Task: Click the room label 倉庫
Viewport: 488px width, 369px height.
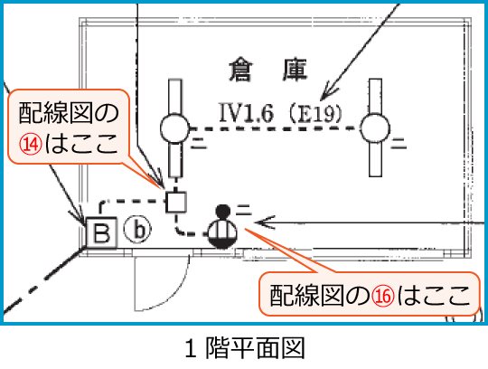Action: click(x=270, y=68)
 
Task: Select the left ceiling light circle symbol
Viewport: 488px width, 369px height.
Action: click(x=174, y=129)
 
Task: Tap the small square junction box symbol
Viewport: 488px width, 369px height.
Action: click(x=175, y=201)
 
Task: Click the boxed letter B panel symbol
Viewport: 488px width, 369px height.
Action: click(x=101, y=234)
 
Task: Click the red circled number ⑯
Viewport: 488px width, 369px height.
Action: click(x=385, y=294)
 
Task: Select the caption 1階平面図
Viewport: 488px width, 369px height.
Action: click(x=242, y=347)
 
